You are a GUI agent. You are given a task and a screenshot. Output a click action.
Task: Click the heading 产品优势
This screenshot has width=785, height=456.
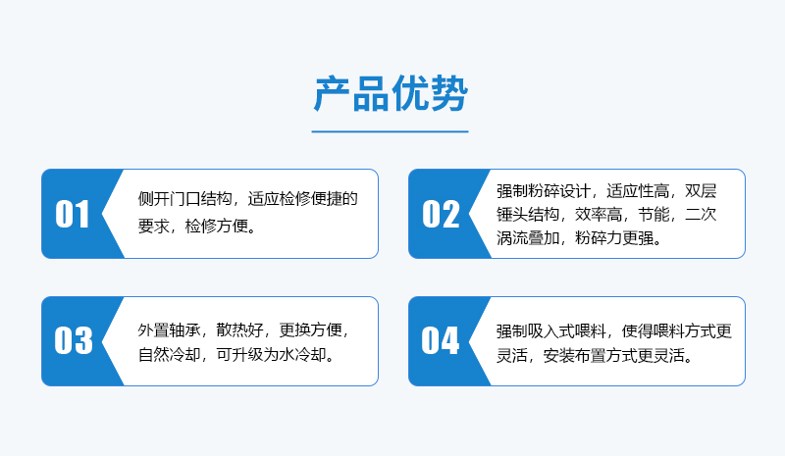click(x=391, y=93)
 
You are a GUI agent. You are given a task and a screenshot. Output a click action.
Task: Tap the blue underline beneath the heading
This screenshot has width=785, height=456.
click(x=390, y=131)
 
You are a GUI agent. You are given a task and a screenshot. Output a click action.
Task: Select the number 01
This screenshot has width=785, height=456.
click(x=73, y=214)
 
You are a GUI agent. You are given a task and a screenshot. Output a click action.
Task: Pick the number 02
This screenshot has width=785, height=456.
click(x=441, y=214)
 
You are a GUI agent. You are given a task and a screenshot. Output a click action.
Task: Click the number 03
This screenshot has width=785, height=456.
click(x=74, y=341)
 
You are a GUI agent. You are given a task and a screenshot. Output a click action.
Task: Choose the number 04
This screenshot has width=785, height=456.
click(x=440, y=341)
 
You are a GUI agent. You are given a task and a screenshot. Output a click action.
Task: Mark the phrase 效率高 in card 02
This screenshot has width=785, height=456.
click(x=599, y=215)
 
